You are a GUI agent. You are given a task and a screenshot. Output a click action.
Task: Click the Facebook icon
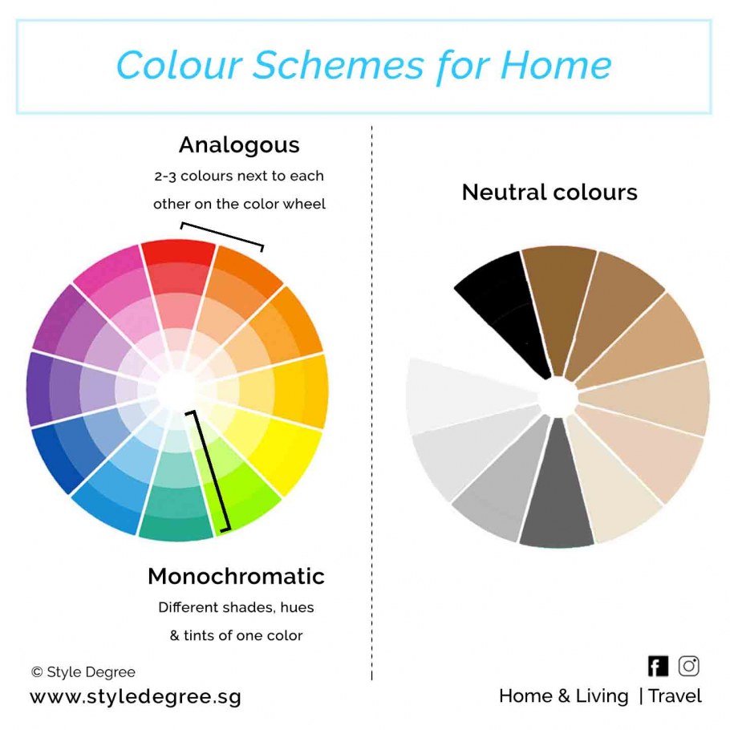(658, 666)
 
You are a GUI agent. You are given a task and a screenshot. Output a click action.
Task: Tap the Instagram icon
(688, 666)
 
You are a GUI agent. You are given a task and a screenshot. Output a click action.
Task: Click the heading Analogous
(239, 144)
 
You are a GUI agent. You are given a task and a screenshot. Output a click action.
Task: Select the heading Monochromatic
(236, 576)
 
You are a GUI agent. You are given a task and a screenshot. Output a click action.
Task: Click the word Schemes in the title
(338, 65)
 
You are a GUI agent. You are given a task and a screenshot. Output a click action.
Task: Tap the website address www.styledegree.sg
(136, 697)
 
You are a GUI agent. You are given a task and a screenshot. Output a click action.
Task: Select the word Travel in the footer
(675, 696)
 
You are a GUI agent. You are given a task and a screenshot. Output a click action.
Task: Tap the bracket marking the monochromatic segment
(210, 471)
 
